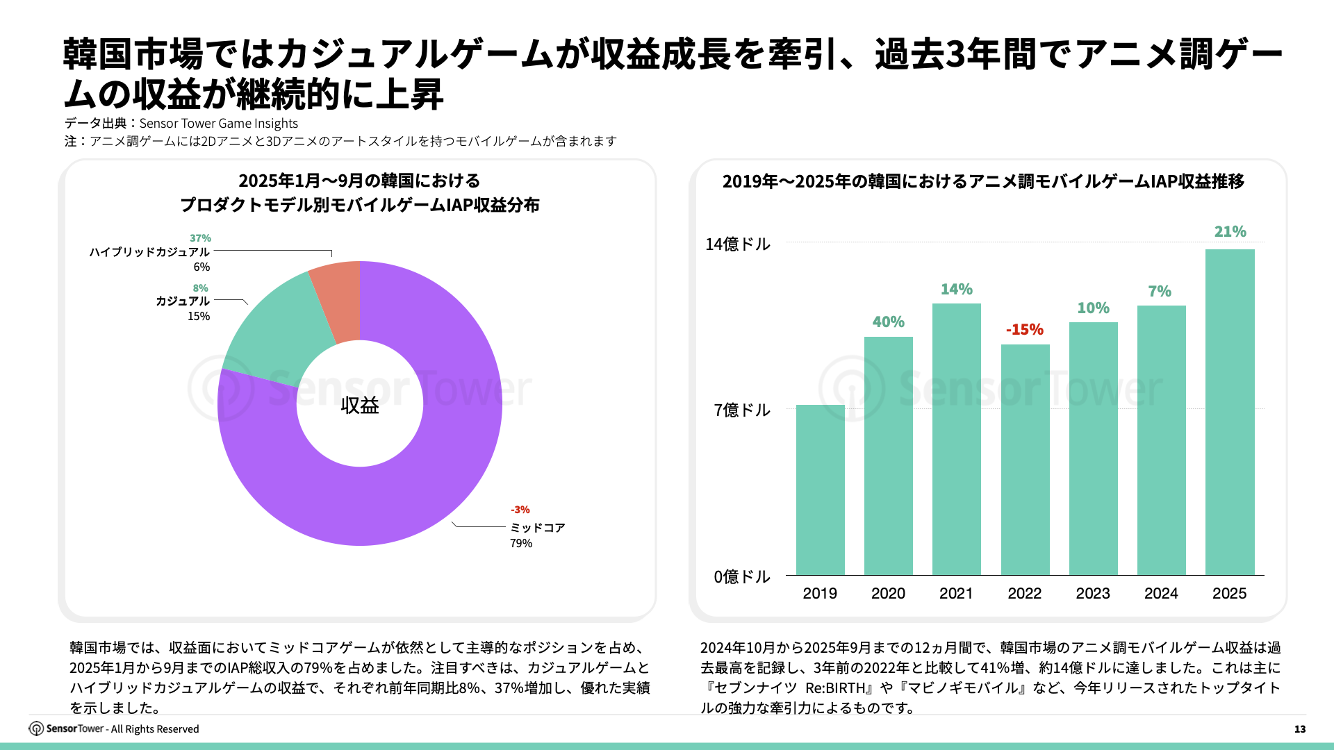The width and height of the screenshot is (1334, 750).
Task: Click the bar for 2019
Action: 820,490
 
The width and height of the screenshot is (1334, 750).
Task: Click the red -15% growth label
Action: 1025,329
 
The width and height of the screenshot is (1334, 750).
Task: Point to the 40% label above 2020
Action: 888,322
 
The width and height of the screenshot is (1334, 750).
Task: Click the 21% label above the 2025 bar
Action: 1230,231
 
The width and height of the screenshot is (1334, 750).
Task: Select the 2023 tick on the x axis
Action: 1093,593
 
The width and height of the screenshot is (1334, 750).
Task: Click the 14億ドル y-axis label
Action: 738,244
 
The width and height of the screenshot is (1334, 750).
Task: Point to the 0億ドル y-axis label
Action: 742,576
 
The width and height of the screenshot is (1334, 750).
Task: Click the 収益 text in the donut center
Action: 360,405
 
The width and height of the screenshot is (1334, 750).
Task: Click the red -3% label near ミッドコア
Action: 520,510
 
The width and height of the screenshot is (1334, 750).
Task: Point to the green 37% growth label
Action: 200,238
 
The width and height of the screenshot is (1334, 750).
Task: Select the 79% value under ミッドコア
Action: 521,543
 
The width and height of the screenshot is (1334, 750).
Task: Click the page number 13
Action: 1300,729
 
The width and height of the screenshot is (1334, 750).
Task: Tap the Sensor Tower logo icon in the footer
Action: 36,728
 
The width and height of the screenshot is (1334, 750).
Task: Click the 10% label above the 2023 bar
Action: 1093,308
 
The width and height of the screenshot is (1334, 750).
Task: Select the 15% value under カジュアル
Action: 199,316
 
